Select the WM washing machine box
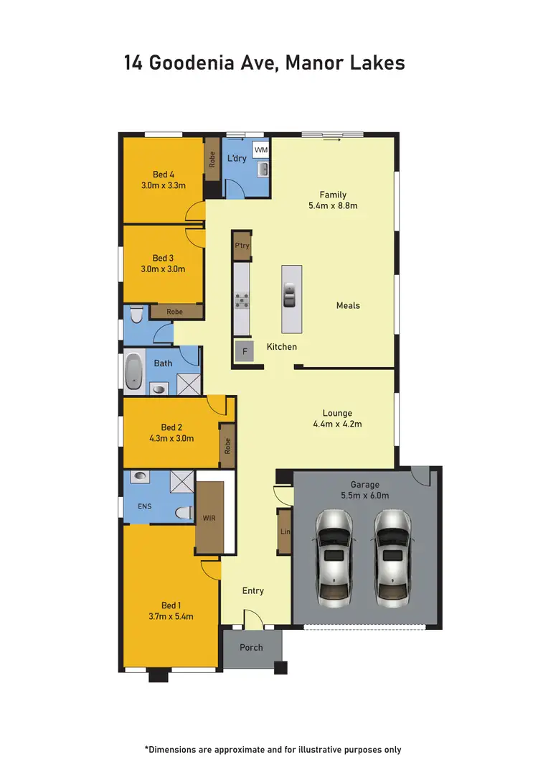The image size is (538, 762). [x=261, y=150]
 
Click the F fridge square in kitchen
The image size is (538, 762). [x=244, y=351]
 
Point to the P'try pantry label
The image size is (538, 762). [x=242, y=246]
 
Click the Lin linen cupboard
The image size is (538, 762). [x=284, y=531]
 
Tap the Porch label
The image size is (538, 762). [x=251, y=647]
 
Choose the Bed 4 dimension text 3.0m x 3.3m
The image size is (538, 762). [x=164, y=185]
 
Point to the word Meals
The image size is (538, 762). [x=348, y=305]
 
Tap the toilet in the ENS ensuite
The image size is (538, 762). [x=184, y=512]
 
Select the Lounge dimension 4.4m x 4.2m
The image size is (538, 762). [x=337, y=424]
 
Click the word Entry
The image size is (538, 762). [x=253, y=590]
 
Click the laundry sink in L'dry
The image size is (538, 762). [x=263, y=169]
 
